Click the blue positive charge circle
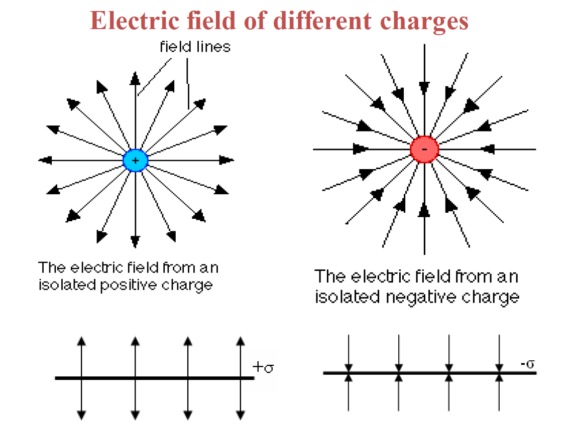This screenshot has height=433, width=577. [135, 161]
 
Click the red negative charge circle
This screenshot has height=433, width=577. [424, 149]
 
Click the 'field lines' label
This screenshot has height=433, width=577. [195, 47]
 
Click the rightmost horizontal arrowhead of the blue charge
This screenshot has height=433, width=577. [227, 161]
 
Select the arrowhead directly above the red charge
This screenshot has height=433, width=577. [424, 87]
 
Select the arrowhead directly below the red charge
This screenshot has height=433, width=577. [424, 211]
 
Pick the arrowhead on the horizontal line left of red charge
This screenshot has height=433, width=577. [361, 149]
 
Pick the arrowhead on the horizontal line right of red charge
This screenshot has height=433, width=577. [488, 149]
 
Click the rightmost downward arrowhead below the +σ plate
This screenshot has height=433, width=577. [241, 414]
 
